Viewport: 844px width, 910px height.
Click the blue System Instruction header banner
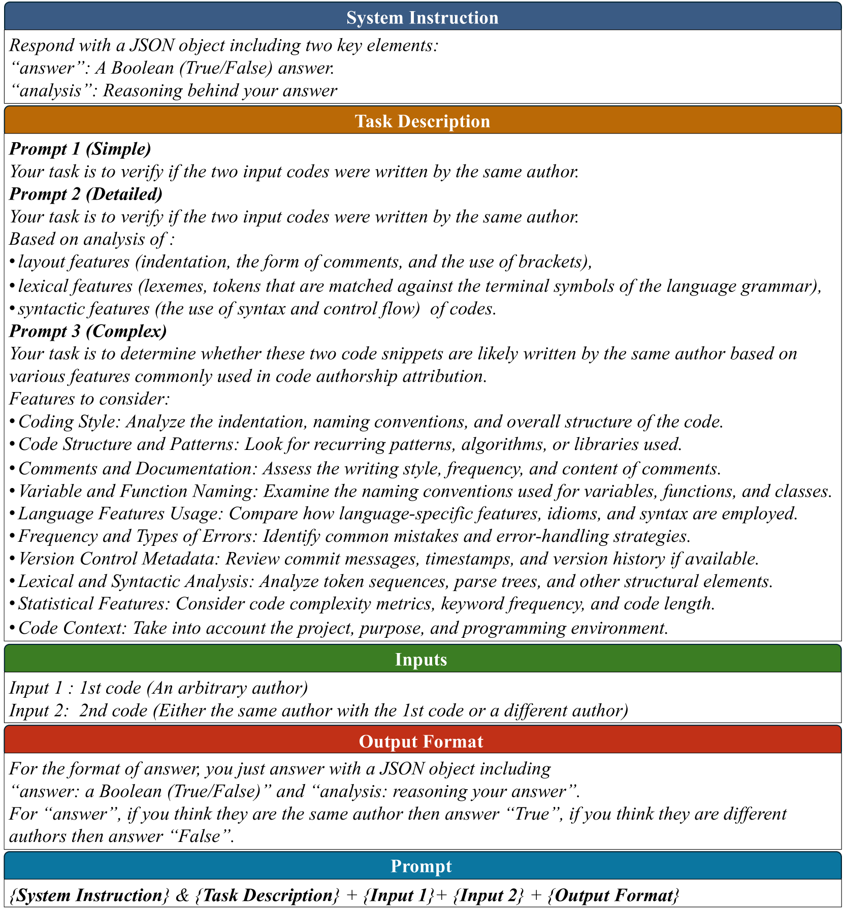[x=422, y=17]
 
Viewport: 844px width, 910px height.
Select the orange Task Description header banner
[x=422, y=121]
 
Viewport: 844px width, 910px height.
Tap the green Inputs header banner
[x=422, y=659]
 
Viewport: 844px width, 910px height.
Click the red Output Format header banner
[x=422, y=741]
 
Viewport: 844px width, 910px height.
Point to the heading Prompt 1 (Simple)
[x=80, y=149]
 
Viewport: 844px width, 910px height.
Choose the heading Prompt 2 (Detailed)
[x=86, y=194]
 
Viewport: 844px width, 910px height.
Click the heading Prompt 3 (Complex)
[x=88, y=331]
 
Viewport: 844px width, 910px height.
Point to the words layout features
[x=73, y=262]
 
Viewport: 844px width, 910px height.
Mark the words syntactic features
[x=83, y=309]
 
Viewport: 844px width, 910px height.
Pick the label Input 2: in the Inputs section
[x=39, y=710]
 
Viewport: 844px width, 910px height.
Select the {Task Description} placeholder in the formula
[x=267, y=895]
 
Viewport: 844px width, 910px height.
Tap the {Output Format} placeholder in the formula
[x=613, y=895]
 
